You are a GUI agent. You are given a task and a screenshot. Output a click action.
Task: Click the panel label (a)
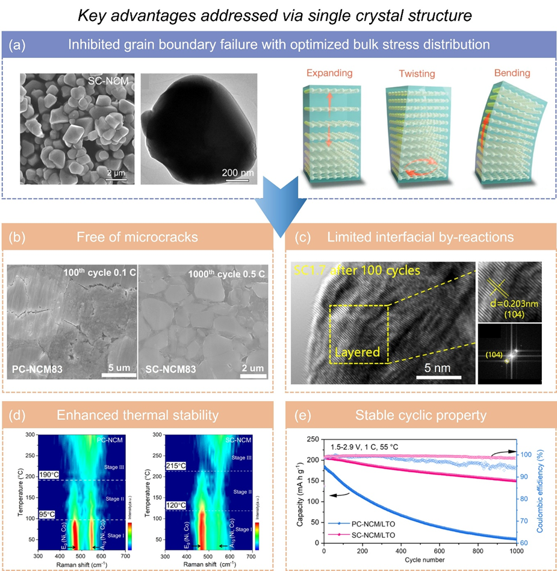(21, 45)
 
